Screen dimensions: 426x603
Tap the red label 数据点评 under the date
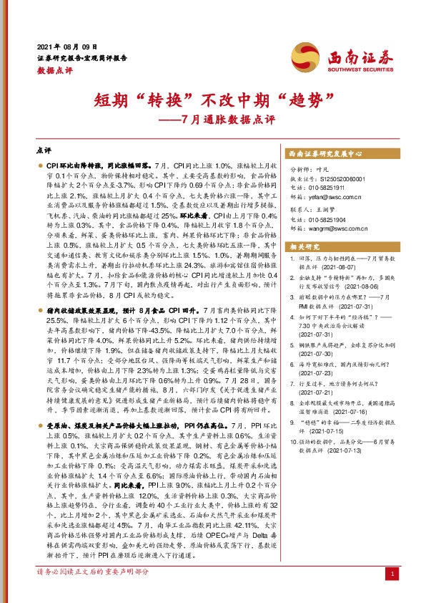click(x=54, y=69)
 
